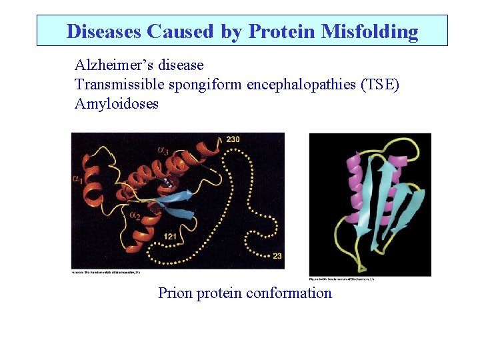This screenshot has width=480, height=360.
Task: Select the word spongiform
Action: [x=208, y=85]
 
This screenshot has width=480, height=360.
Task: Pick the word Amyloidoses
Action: [x=117, y=104]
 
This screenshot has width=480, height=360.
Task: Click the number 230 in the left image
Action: [x=233, y=139]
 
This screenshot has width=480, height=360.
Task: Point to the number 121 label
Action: [x=170, y=237]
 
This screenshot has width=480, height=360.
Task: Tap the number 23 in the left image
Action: [x=277, y=256]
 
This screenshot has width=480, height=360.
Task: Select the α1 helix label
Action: [x=77, y=178]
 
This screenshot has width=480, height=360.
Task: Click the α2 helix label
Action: [x=134, y=215]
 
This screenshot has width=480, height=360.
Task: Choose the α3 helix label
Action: [x=163, y=150]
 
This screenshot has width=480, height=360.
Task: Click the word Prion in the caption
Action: [x=175, y=293]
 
